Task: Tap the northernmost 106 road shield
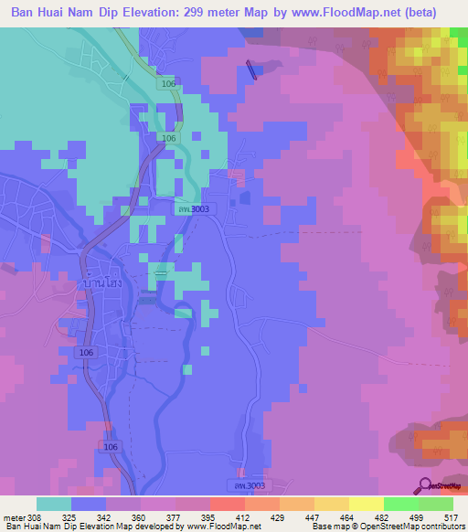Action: pos(167,84)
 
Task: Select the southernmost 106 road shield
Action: pos(109,446)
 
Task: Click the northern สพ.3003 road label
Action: pos(193,209)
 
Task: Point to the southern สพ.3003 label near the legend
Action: pos(243,484)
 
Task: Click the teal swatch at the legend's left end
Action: pos(53,504)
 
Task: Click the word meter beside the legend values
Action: pos(15,516)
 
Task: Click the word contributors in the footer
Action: pos(437,527)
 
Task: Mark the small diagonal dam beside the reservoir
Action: pos(252,69)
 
